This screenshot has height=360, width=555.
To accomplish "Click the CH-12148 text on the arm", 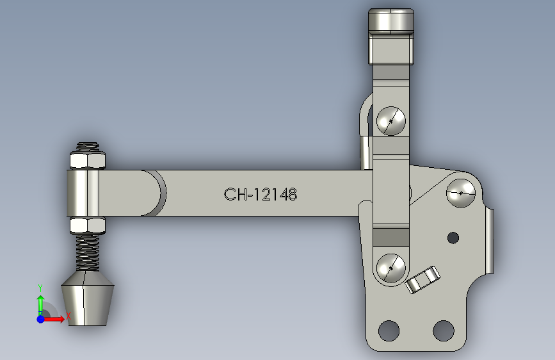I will click(261, 194).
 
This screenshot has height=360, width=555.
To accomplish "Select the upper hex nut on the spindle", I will click(86, 160).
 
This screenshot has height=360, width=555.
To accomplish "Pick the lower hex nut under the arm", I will click(86, 225).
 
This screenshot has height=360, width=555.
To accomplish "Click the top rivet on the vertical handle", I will click(391, 121).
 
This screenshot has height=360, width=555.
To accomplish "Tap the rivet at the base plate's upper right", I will click(461, 192).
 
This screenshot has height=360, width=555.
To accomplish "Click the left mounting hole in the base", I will click(388, 331).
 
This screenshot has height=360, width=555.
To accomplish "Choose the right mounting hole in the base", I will click(443, 331).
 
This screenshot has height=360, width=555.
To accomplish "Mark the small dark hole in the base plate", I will click(453, 238).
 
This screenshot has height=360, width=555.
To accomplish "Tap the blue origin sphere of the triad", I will click(40, 318).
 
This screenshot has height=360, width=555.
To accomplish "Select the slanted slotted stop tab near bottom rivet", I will click(422, 280).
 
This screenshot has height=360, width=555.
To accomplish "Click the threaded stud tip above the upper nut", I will click(86, 146).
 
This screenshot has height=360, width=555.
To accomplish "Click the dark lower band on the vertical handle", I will click(391, 235).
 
